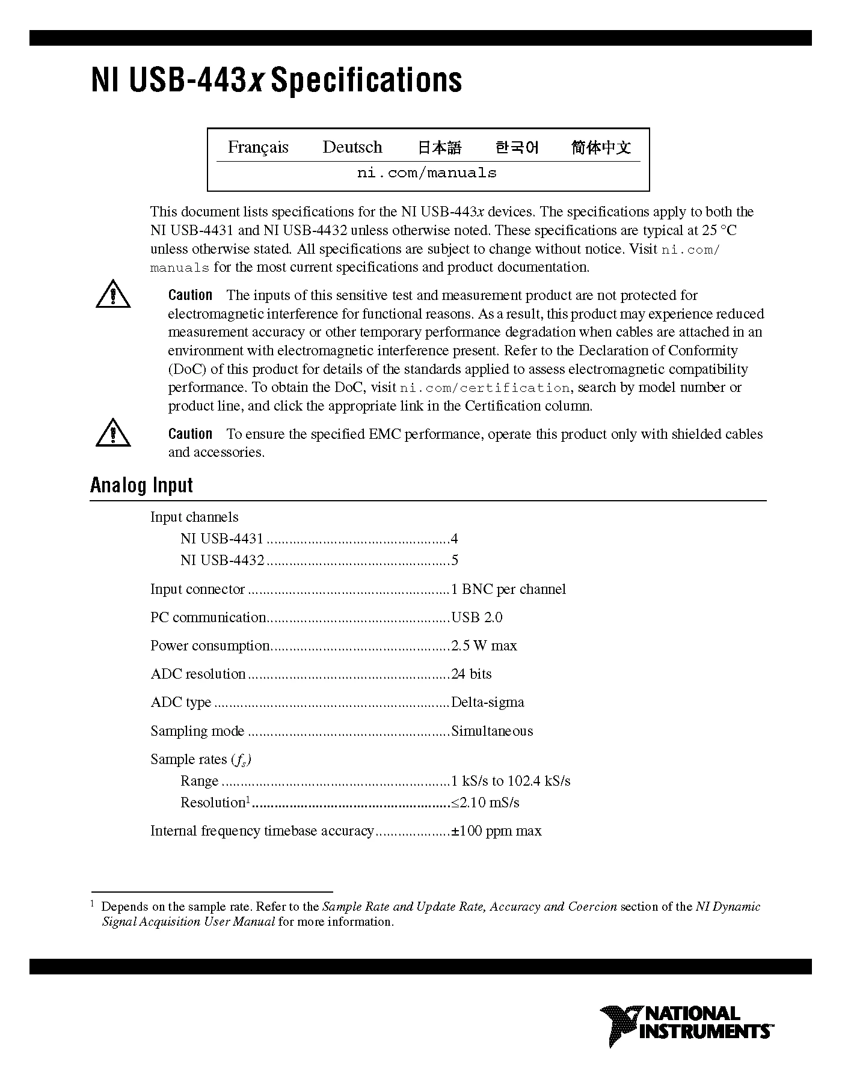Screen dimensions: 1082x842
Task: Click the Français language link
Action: (258, 147)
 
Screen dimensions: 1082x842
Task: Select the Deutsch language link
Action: (352, 147)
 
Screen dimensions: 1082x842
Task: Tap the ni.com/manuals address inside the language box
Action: (427, 173)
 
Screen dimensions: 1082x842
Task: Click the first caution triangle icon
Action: (113, 295)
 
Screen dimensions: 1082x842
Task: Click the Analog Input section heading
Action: (141, 486)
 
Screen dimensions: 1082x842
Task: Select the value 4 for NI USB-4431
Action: (455, 539)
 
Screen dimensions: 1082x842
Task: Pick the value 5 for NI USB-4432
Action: (455, 560)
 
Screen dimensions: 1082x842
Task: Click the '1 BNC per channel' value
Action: (509, 589)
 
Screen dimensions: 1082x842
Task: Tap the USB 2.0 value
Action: (477, 617)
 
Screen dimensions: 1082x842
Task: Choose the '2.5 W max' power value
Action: (484, 646)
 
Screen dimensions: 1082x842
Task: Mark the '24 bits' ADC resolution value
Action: (472, 674)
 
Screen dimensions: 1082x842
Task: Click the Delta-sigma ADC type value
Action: (488, 702)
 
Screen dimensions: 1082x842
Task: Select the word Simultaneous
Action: (492, 731)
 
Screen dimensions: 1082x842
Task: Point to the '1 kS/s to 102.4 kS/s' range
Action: (511, 781)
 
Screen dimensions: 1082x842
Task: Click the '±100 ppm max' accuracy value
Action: (497, 831)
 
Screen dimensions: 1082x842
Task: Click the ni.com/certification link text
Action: (485, 388)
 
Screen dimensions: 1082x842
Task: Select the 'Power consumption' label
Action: (210, 646)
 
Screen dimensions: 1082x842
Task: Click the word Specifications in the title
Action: (366, 80)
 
